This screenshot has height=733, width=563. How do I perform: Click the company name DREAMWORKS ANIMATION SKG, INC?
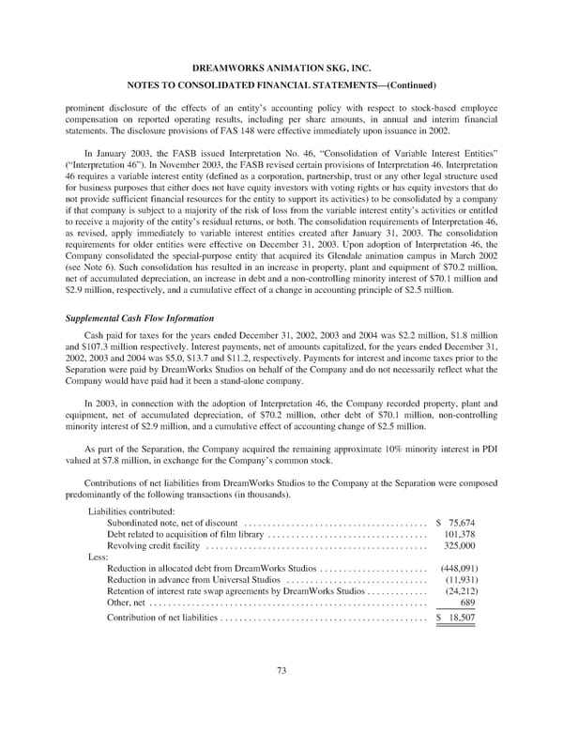(x=281, y=69)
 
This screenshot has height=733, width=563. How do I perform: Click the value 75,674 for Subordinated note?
(x=460, y=523)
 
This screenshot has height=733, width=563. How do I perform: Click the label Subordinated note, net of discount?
(x=173, y=523)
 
